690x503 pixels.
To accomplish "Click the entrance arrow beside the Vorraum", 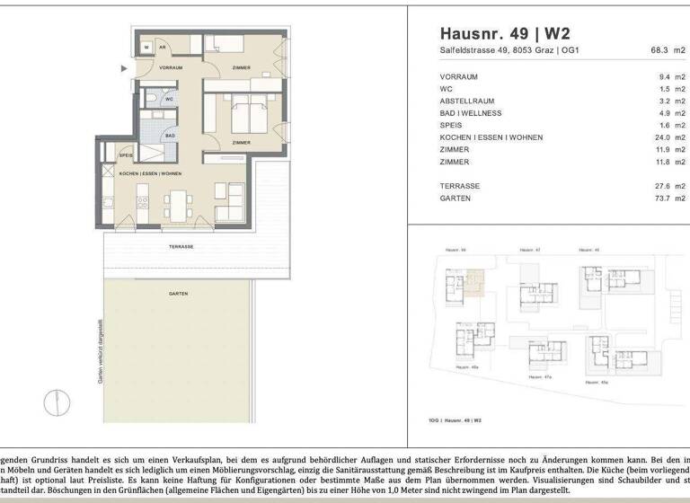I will point(125,67).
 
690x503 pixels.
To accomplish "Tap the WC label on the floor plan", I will point(168,100).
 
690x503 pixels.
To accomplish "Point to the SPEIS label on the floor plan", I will point(127,155).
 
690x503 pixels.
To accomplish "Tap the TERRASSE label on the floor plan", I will point(182,245).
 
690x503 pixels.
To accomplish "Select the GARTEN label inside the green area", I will point(178,294).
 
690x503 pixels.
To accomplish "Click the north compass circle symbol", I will point(57,400).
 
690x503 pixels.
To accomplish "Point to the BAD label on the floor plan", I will point(169,136).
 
